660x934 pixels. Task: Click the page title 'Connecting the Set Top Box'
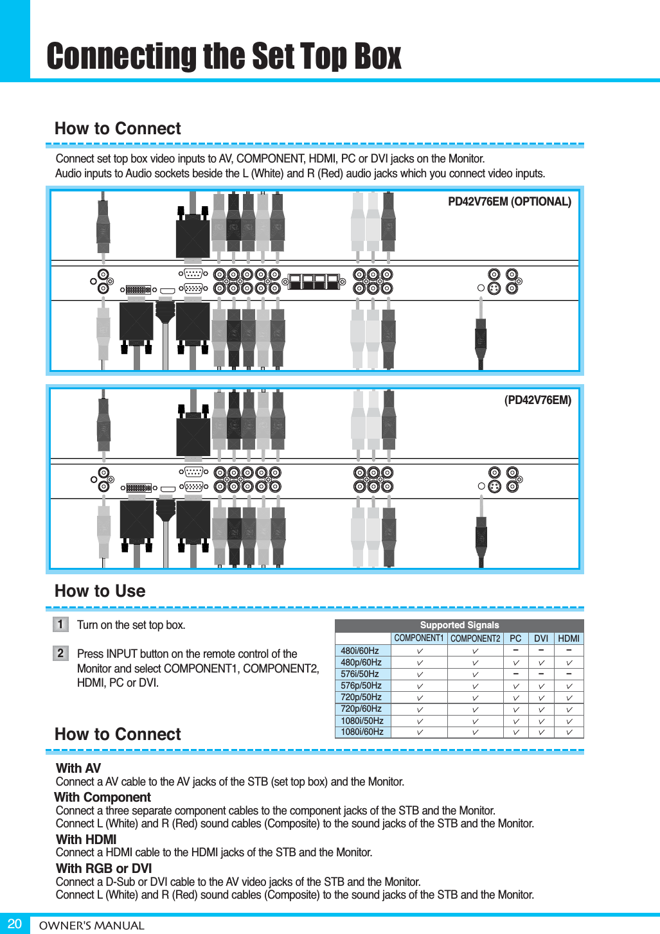(224, 56)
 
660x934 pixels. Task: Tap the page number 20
(14, 924)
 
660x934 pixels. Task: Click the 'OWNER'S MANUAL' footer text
(92, 926)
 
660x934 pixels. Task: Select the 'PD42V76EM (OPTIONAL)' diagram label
(509, 202)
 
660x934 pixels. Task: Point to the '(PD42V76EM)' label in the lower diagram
(537, 400)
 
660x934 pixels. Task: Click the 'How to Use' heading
(100, 591)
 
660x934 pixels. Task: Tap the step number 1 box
(60, 624)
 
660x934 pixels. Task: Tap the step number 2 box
(60, 653)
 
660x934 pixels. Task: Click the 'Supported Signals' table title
(459, 625)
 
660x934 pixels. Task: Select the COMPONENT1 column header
(419, 639)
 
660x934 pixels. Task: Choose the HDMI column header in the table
(569, 639)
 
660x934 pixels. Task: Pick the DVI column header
(541, 639)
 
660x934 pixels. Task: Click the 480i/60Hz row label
(360, 651)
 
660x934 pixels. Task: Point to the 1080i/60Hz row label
(362, 732)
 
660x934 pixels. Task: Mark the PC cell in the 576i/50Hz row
(515, 674)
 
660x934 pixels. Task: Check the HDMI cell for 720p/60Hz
(569, 709)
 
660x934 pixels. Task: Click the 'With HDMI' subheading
(86, 840)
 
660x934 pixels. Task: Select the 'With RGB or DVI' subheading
(103, 868)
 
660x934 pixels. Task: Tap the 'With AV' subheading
(78, 768)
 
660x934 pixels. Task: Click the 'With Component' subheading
(103, 797)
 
